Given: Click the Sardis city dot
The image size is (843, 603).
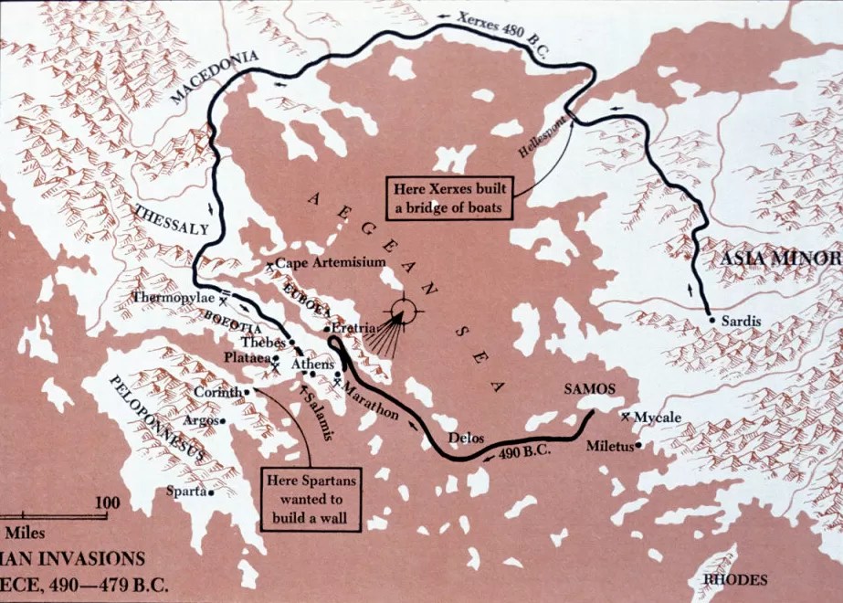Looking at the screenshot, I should pyautogui.click(x=711, y=321).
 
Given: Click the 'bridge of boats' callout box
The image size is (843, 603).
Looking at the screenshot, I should pyautogui.click(x=448, y=198).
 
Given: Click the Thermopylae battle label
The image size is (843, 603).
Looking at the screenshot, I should pyautogui.click(x=174, y=298).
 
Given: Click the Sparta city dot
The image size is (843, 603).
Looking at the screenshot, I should pyautogui.click(x=211, y=492).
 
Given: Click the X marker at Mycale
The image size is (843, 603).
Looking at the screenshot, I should pyautogui.click(x=626, y=416).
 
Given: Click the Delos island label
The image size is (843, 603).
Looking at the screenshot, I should pyautogui.click(x=465, y=438).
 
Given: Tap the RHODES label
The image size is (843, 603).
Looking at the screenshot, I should pyautogui.click(x=734, y=579).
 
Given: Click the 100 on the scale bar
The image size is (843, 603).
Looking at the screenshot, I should pyautogui.click(x=107, y=503).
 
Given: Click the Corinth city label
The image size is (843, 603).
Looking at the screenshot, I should pyautogui.click(x=216, y=392).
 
